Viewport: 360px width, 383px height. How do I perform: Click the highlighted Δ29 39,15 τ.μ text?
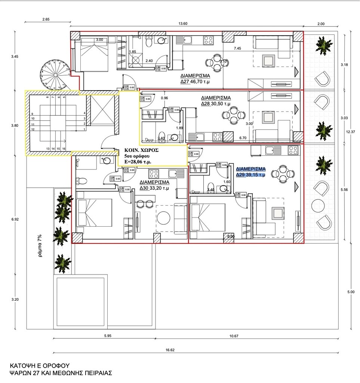tap(250, 174)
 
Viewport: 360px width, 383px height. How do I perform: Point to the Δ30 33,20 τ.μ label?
tap(154, 188)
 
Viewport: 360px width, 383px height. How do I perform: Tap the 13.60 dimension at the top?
tap(183, 24)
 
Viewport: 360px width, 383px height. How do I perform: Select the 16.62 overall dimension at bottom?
tap(170, 350)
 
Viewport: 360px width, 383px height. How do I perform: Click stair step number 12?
tap(33, 129)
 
